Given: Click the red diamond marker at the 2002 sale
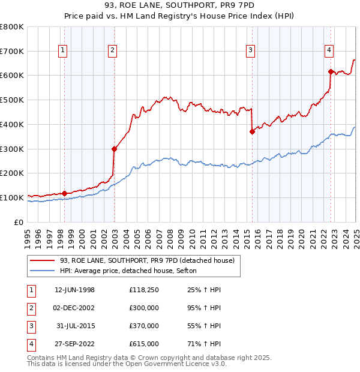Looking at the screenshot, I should (114, 149).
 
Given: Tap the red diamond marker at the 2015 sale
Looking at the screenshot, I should (252, 132).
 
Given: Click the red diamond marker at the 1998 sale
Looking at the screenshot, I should (64, 193).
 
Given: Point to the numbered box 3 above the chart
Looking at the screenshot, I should (250, 51).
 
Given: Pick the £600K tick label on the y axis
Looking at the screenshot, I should (12, 76).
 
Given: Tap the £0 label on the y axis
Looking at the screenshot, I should (20, 222).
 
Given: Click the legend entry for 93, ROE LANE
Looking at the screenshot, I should (142, 260).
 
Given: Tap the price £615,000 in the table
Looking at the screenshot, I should (144, 344).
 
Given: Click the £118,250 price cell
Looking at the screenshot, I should (144, 290).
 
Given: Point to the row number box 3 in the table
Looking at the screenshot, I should (31, 326).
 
